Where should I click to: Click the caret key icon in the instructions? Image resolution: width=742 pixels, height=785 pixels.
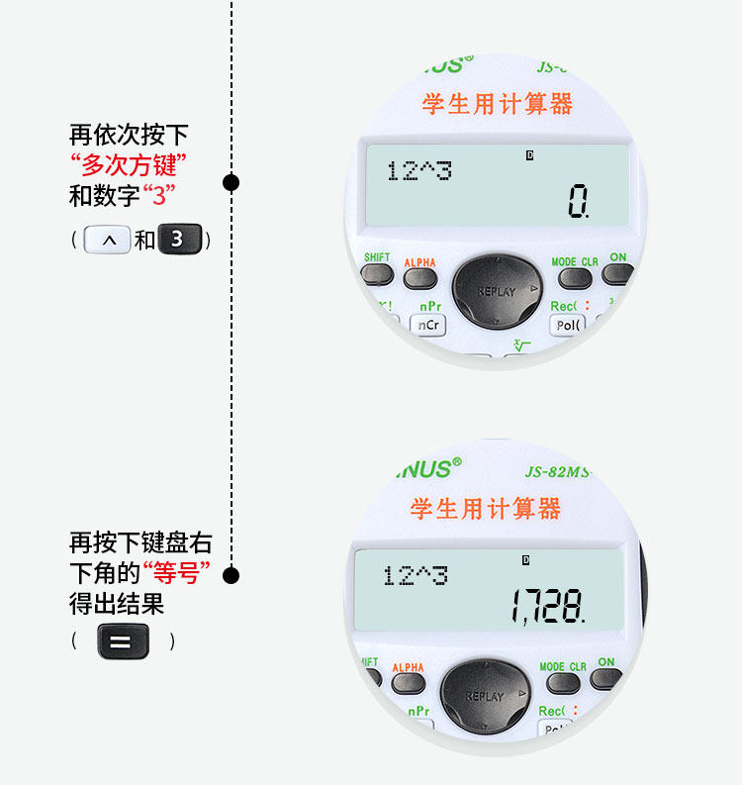coord(108,240)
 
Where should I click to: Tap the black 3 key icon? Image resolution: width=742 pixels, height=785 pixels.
coord(179,240)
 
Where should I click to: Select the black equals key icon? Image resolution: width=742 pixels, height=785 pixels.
coord(123,640)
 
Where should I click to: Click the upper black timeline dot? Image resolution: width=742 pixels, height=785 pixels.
coord(232,182)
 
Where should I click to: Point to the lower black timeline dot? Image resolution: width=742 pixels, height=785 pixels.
coord(232,575)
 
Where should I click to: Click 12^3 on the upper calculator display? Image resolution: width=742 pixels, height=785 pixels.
coord(418,171)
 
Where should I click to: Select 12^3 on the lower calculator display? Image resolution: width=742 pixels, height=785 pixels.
coord(416,575)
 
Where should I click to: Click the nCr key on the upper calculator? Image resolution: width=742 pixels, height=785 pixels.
coord(429,325)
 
